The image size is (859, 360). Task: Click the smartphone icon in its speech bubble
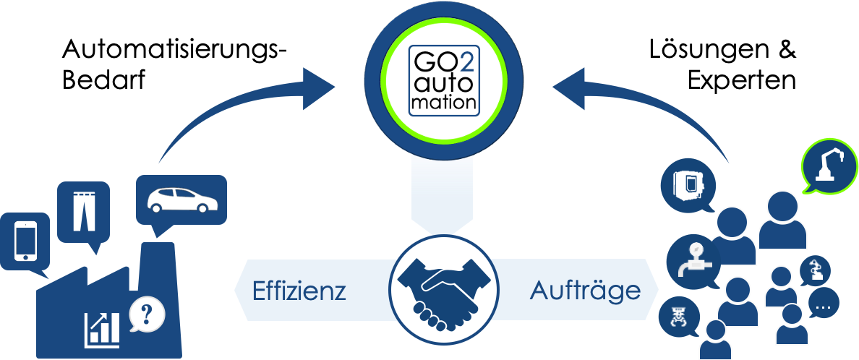pyautogui.click(x=25, y=240)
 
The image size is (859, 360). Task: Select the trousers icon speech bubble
pyautogui.click(x=83, y=210)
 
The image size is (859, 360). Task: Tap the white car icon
pyautogui.click(x=181, y=200)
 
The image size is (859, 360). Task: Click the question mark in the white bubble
pyautogui.click(x=147, y=314)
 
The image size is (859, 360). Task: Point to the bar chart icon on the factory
pyautogui.click(x=102, y=329)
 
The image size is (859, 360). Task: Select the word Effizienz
pyautogui.click(x=299, y=291)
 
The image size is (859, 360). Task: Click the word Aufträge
pyautogui.click(x=585, y=291)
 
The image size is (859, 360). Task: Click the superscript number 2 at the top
pyautogui.click(x=467, y=63)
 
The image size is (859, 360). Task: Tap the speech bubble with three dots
pyautogui.click(x=823, y=305)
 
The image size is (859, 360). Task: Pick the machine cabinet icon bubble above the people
pyautogui.click(x=688, y=182)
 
